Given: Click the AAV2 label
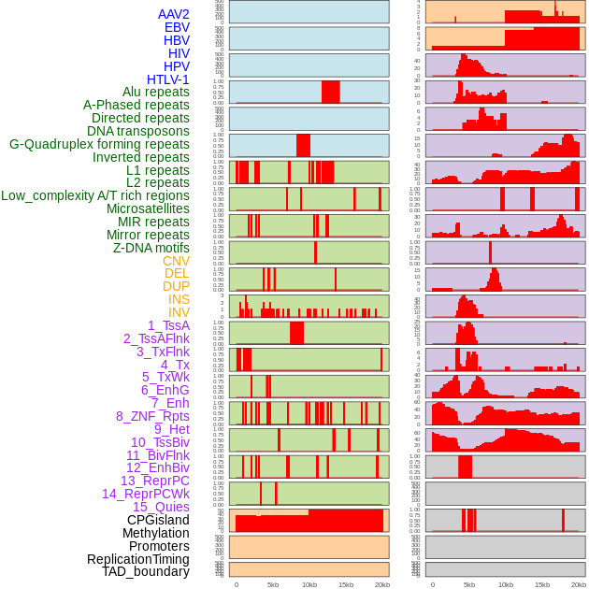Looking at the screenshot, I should (x=173, y=14).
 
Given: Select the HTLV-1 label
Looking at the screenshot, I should (x=167, y=79).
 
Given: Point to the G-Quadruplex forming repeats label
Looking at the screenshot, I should (x=99, y=144).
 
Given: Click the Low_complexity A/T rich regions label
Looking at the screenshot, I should (x=95, y=195).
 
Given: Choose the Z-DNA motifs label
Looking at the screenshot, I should (x=151, y=248).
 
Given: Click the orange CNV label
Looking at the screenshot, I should (x=176, y=261).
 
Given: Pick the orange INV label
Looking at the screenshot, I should (x=179, y=312).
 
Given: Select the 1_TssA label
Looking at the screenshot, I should (x=168, y=325).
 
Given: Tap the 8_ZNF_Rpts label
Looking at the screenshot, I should (x=152, y=416).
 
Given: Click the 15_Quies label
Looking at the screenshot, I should (x=161, y=507).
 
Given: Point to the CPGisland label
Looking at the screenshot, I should (x=158, y=520).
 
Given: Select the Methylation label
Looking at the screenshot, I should (x=156, y=533).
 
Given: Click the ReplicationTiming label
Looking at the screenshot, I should (x=137, y=559).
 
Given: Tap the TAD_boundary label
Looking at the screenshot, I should (x=145, y=571).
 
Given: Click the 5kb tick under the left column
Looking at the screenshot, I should (x=273, y=584).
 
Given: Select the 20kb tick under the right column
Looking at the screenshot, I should (x=579, y=584).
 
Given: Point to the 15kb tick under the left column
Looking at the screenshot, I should (x=346, y=584).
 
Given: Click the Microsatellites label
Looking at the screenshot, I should (x=148, y=208).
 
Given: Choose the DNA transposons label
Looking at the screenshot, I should (x=138, y=131).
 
